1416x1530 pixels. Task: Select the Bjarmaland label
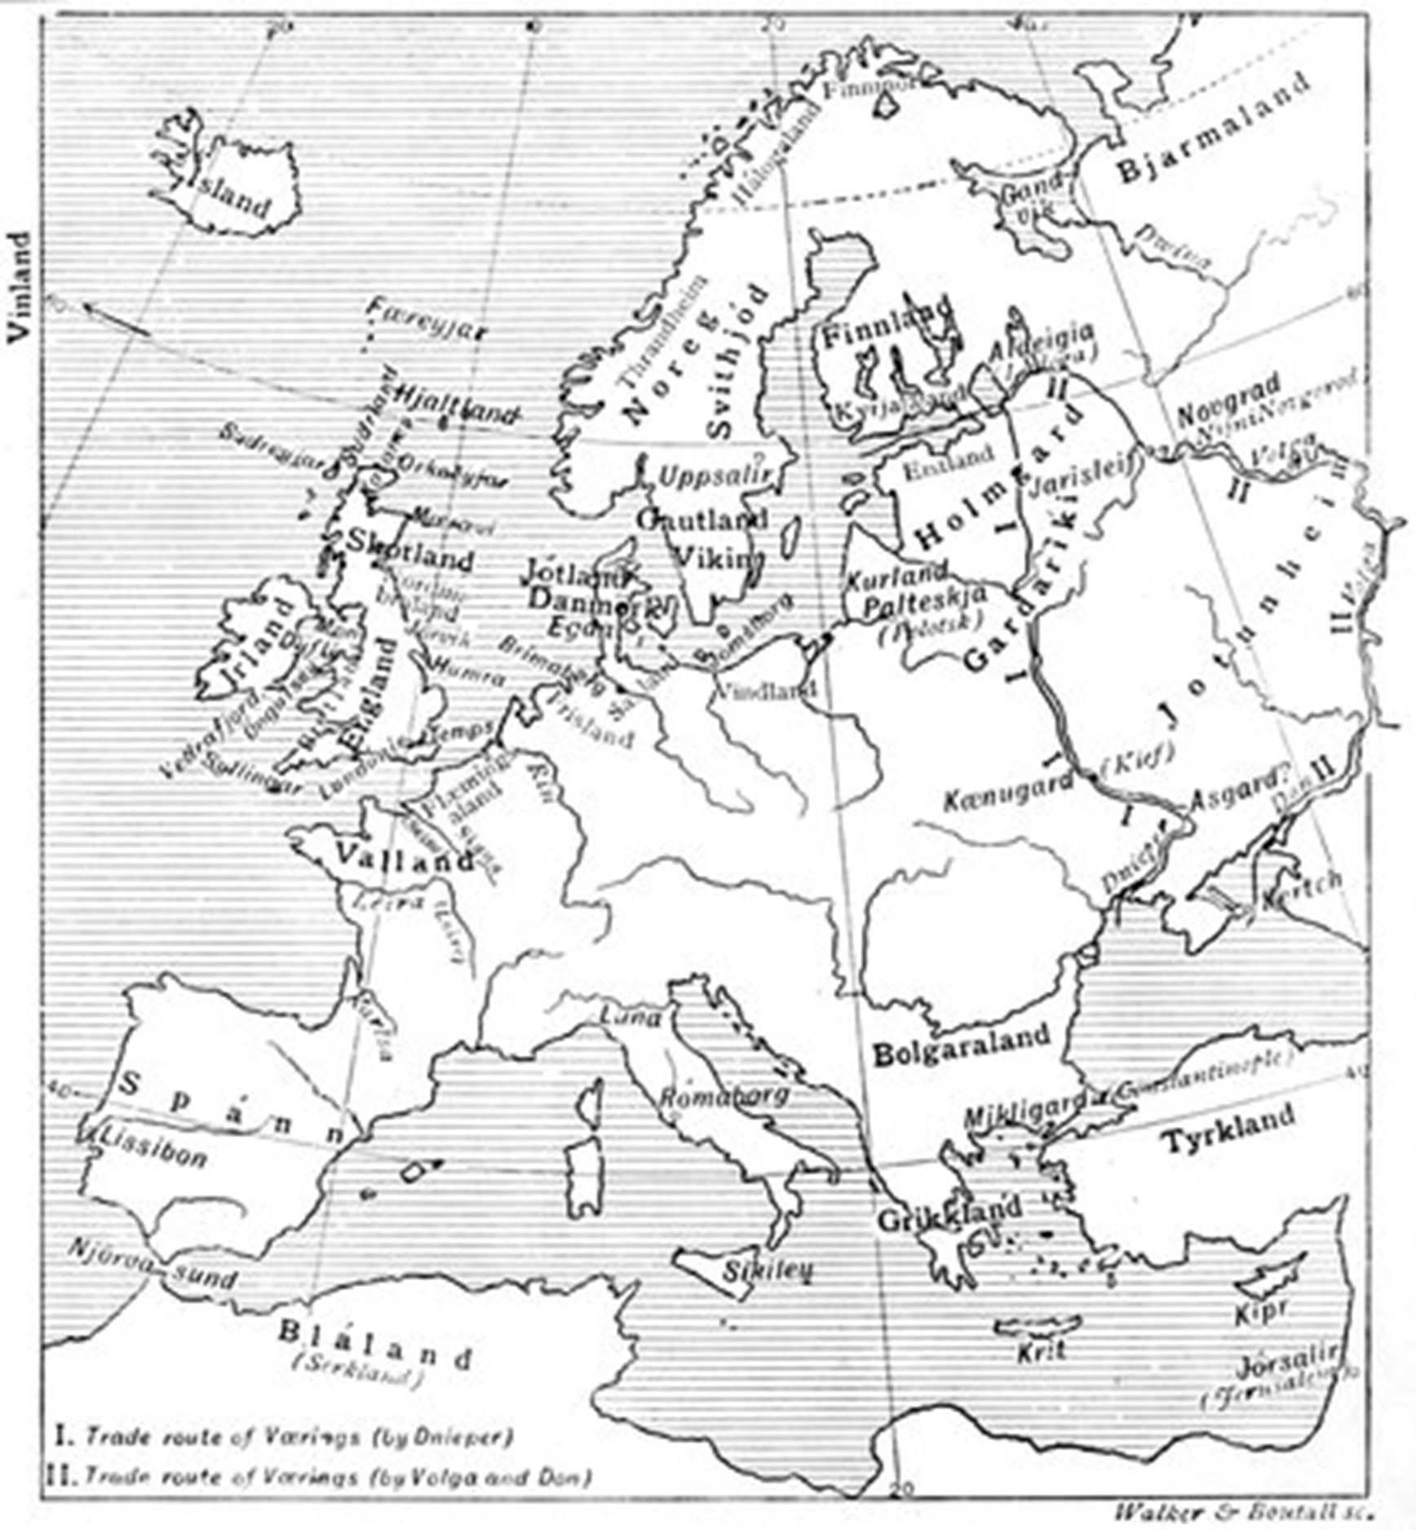1213,127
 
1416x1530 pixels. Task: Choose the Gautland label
702,520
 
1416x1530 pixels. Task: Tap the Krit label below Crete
1041,1351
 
